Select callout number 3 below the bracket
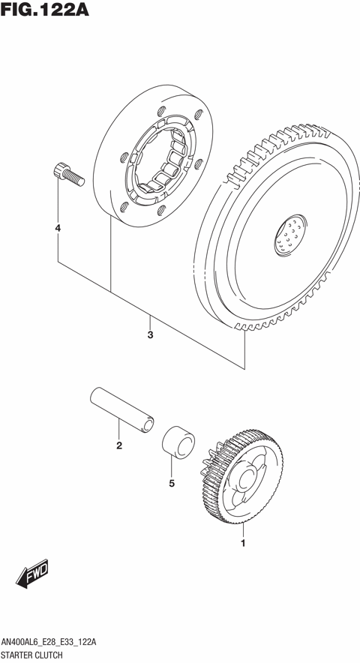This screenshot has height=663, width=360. point(150,334)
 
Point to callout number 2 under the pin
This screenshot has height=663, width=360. point(118,447)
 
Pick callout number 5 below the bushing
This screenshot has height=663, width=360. point(171,483)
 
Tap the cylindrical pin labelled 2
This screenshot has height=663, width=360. point(123,409)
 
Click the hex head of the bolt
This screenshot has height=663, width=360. point(58,170)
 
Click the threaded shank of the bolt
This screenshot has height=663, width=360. point(72,177)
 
